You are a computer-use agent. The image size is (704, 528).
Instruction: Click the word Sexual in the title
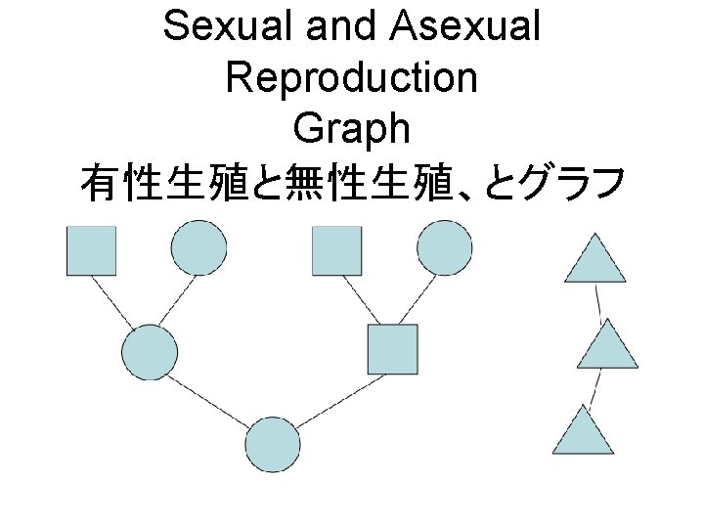point(231,26)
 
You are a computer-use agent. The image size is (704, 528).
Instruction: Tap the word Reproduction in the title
point(352,77)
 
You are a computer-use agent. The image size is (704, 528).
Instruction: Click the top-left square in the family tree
point(91,250)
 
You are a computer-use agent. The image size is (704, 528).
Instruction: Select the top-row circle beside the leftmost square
point(198,248)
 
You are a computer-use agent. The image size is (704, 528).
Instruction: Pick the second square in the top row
point(336,250)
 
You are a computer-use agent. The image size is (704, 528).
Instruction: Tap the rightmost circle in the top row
point(444,248)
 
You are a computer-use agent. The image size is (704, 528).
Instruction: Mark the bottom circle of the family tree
point(272,444)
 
